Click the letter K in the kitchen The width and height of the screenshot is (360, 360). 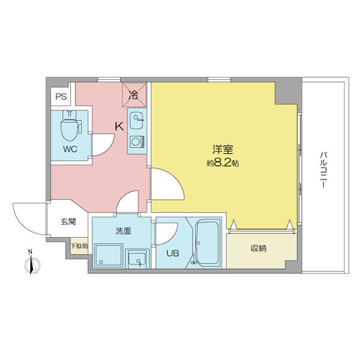[x=119, y=127]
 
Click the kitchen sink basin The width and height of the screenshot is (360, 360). [x=136, y=118]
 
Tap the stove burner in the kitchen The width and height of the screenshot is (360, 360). [x=136, y=142]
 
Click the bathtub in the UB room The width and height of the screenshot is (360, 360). [x=208, y=243]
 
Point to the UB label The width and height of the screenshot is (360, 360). [x=173, y=253]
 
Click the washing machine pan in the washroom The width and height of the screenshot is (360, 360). [x=109, y=257]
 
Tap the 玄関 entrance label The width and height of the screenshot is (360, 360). [x=68, y=221]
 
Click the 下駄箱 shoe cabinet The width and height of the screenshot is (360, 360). [x=79, y=246]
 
